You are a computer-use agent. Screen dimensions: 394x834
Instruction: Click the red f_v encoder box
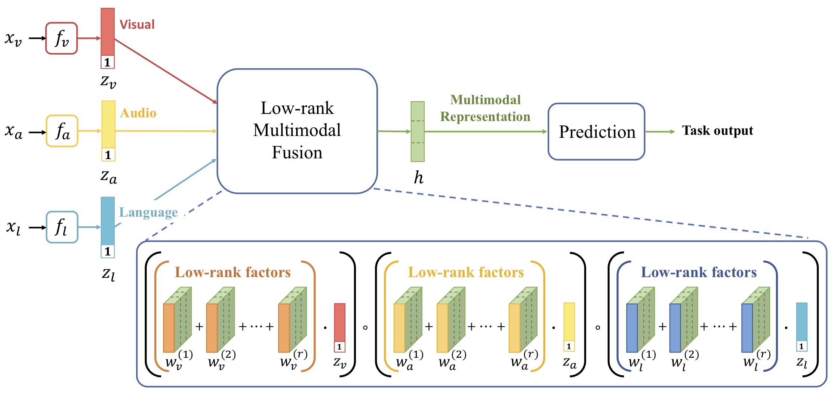tap(61, 38)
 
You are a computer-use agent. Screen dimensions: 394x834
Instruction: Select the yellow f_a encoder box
tap(62, 131)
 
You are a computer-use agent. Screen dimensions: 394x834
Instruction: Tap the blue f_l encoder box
tap(62, 227)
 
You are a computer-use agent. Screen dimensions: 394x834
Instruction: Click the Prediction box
tap(596, 132)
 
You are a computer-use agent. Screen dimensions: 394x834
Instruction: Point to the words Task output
tap(717, 131)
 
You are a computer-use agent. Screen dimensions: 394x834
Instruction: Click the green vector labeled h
tap(417, 131)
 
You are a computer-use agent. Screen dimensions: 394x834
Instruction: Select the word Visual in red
tap(137, 25)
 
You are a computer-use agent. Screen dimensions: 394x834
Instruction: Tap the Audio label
tap(138, 113)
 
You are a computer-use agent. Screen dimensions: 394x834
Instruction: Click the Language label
tap(148, 212)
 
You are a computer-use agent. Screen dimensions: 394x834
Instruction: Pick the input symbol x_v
tap(13, 38)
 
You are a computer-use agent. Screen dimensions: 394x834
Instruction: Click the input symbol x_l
tap(13, 227)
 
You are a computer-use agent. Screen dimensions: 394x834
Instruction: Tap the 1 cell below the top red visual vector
tap(107, 62)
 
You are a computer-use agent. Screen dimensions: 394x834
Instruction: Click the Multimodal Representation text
tap(485, 108)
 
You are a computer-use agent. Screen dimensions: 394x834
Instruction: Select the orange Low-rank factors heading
tap(233, 272)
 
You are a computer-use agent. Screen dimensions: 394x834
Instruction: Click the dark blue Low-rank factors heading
tap(698, 272)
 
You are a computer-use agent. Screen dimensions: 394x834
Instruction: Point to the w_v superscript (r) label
tap(293, 360)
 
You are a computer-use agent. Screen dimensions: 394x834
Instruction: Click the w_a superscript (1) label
tap(409, 360)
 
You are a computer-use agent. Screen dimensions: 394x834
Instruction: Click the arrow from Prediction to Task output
tap(660, 131)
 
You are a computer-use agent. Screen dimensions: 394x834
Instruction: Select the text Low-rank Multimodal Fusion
tap(297, 130)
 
